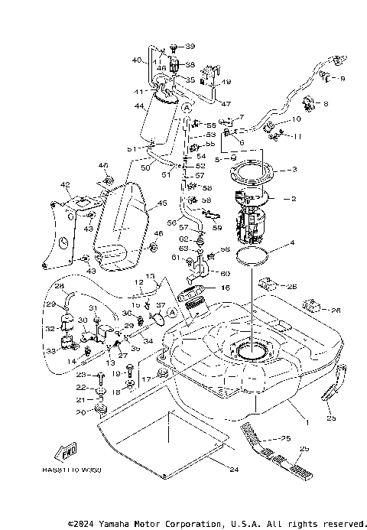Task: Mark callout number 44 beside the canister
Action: click(140, 107)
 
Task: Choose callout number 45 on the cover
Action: click(161, 203)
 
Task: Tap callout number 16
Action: click(226, 288)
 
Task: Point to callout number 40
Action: click(137, 60)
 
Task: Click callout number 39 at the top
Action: click(190, 47)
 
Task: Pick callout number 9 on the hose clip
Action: click(341, 78)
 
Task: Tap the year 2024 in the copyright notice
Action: click(90, 524)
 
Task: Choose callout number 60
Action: click(225, 273)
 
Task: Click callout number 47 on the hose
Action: click(226, 102)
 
